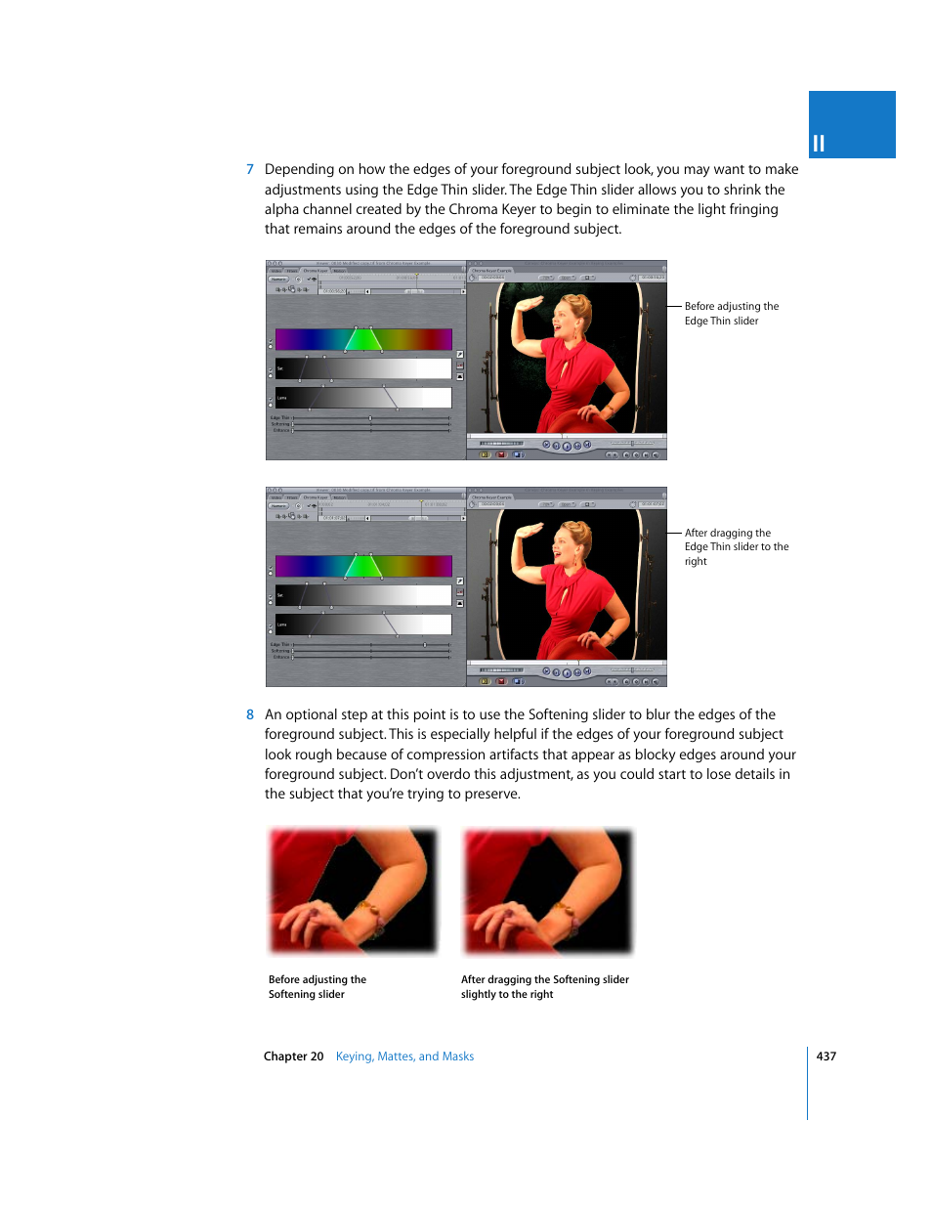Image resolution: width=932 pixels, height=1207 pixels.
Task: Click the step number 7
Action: coord(250,170)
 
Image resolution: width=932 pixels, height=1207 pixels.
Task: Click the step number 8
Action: coord(250,715)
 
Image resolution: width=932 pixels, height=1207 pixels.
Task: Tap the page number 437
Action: coord(826,1056)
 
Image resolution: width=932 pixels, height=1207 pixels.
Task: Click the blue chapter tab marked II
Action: coord(851,125)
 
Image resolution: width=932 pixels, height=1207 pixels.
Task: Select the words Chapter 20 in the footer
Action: coord(293,1056)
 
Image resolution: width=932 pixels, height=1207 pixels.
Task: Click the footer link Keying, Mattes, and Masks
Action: coord(404,1056)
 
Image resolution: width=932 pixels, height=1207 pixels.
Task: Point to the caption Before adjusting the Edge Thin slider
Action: coord(731,314)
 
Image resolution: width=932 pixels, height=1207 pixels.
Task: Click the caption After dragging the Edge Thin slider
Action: coord(736,547)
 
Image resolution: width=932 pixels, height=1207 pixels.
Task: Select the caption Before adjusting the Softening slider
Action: coord(317,987)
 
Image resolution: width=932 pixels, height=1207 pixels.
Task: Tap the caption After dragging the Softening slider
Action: coord(544,987)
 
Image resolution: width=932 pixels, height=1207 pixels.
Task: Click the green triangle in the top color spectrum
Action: coord(363,340)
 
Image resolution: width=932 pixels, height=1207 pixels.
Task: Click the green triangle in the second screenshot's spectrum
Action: coord(363,567)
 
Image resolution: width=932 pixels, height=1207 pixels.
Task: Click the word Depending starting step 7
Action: coord(299,170)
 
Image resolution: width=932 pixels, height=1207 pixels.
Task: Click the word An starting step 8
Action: coord(273,715)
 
